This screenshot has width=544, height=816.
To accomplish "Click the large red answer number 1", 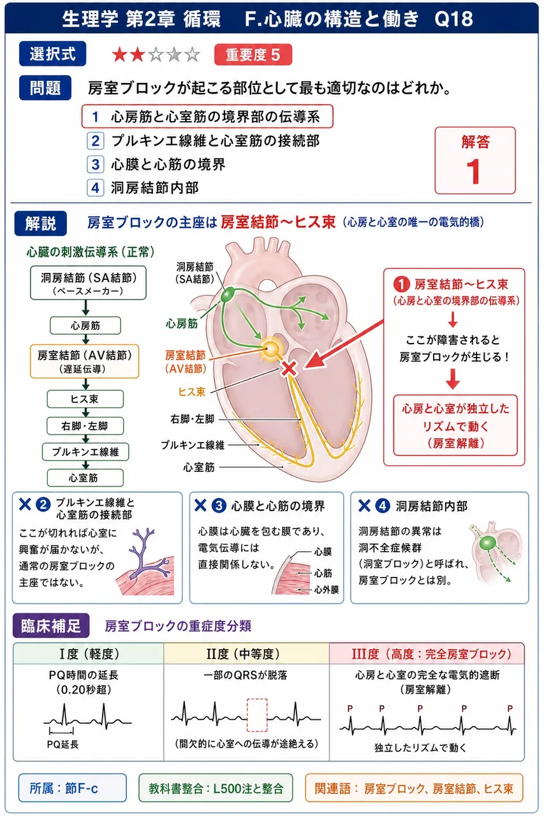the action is [473, 171].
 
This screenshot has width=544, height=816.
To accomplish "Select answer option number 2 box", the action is [96, 141].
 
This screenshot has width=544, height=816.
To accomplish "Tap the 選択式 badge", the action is [52, 54].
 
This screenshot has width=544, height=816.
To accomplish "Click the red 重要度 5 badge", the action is [253, 55].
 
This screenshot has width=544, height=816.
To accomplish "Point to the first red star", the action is [119, 55].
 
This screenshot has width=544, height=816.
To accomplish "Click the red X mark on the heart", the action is [289, 368].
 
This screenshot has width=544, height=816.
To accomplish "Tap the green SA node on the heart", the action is [228, 295].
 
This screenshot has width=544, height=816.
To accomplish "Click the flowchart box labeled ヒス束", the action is [85, 399].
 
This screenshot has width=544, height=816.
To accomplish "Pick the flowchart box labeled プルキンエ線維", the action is [85, 452].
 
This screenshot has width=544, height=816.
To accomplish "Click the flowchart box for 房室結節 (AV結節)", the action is [85, 361].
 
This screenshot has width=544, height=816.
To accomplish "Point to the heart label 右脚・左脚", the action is [193, 419].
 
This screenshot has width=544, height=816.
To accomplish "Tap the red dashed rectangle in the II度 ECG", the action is [257, 715].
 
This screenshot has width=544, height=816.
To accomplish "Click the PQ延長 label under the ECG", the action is [62, 744].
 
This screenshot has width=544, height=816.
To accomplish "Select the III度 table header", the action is [427, 653].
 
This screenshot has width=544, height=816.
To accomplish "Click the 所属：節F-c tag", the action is [73, 789].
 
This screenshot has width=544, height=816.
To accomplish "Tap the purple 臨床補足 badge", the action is [51, 625].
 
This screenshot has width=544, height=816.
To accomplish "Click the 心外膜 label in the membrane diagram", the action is [327, 590].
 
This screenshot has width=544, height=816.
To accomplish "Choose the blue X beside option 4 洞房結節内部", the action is [364, 506].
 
